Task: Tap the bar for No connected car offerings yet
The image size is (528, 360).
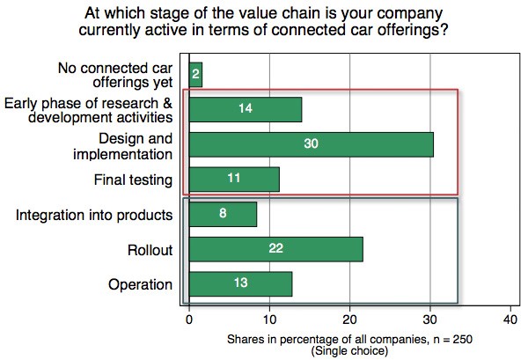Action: point(195,74)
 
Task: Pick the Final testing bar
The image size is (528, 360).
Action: point(234,179)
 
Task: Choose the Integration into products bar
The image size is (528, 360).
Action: point(223,214)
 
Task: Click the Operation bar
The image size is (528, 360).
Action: point(240,284)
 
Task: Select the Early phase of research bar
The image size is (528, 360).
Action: point(246,109)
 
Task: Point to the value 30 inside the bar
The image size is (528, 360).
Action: point(311,143)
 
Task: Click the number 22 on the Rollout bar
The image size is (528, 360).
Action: point(275,249)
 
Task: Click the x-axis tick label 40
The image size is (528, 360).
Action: point(511,320)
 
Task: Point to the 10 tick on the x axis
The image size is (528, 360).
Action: point(269,320)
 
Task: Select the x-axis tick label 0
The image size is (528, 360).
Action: point(189,320)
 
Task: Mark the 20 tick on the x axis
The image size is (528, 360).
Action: point(350,320)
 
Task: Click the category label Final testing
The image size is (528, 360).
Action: point(134,180)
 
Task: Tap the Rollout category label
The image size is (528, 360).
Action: point(150,250)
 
